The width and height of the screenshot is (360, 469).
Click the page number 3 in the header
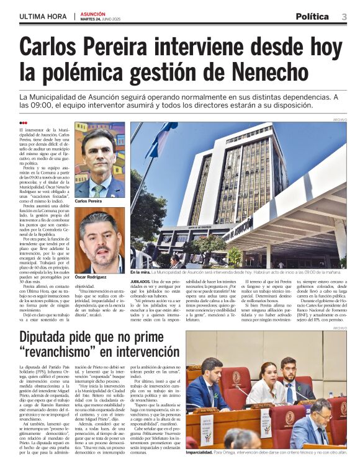click(343, 16)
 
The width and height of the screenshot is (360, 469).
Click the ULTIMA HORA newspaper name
click(43, 16)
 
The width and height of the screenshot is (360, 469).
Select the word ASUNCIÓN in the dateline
click(92, 13)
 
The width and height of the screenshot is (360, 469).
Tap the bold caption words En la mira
click(142, 272)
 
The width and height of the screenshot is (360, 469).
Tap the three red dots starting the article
click(23, 123)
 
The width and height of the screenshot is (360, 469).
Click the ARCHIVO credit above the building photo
click(340, 119)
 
